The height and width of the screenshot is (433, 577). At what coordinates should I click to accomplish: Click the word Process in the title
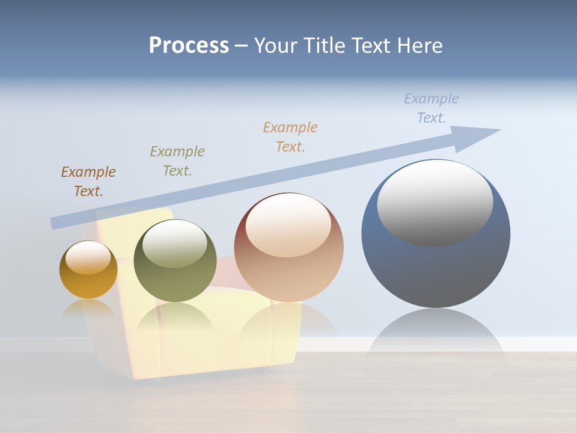click(x=189, y=46)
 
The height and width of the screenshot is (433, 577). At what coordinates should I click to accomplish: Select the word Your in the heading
click(x=275, y=46)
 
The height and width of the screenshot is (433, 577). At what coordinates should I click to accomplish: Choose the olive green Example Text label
click(x=177, y=161)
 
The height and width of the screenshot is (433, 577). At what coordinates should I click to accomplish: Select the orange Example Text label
click(x=290, y=137)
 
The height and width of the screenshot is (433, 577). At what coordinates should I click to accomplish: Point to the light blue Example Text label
click(x=432, y=108)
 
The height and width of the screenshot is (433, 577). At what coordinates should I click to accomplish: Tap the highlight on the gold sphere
click(x=88, y=257)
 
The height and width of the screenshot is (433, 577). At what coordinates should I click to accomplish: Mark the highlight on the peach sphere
click(x=288, y=226)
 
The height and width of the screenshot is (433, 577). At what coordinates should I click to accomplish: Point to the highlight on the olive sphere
click(x=174, y=244)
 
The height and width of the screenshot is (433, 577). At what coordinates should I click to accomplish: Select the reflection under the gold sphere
click(x=88, y=309)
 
